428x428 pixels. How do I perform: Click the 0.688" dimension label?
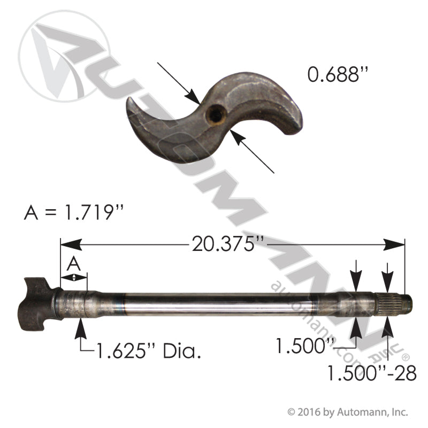tap(339, 75)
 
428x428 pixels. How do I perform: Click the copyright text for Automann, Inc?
tap(348, 412)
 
